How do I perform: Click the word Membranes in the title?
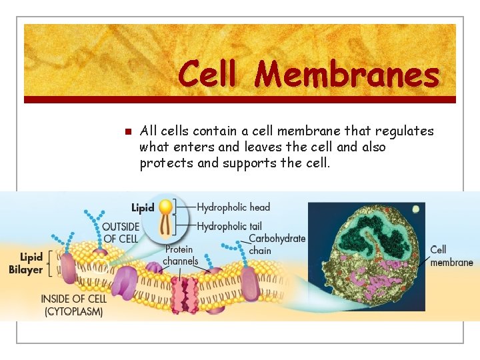click(x=347, y=74)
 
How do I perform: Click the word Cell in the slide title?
click(x=207, y=74)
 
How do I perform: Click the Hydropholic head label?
click(x=233, y=207)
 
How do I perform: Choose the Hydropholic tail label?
click(x=230, y=227)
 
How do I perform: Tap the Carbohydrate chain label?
click(x=276, y=244)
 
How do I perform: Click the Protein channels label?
click(x=180, y=255)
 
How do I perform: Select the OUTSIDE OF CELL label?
click(x=121, y=233)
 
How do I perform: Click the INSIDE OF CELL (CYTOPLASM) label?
click(x=73, y=305)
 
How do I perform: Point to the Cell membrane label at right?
click(x=451, y=256)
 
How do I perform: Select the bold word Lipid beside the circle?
click(x=143, y=207)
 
